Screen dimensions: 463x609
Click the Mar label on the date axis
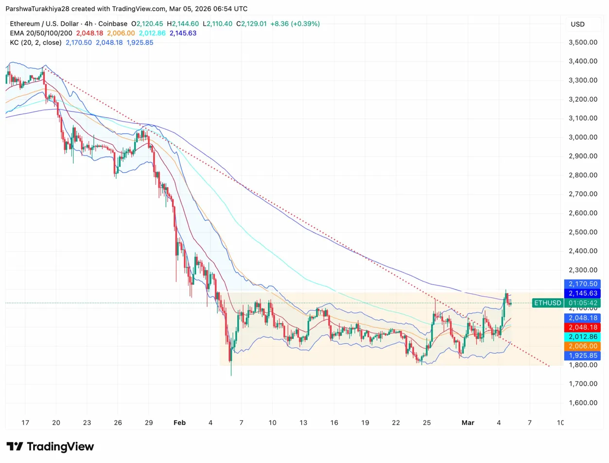point(467,423)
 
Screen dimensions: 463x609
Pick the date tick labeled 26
point(118,423)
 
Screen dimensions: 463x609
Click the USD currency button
point(578,24)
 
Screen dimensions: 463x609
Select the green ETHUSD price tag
point(547,303)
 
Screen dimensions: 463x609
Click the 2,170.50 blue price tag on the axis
point(585,284)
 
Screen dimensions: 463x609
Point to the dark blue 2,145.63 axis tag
point(585,293)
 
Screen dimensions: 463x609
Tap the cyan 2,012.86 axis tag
point(585,337)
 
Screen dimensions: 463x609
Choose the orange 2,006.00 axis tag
point(585,346)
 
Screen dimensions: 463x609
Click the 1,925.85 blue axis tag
point(585,356)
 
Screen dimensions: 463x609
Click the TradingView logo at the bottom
point(50,446)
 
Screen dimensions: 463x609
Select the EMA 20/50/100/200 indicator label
point(41,33)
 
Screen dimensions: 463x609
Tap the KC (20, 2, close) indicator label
point(35,42)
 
